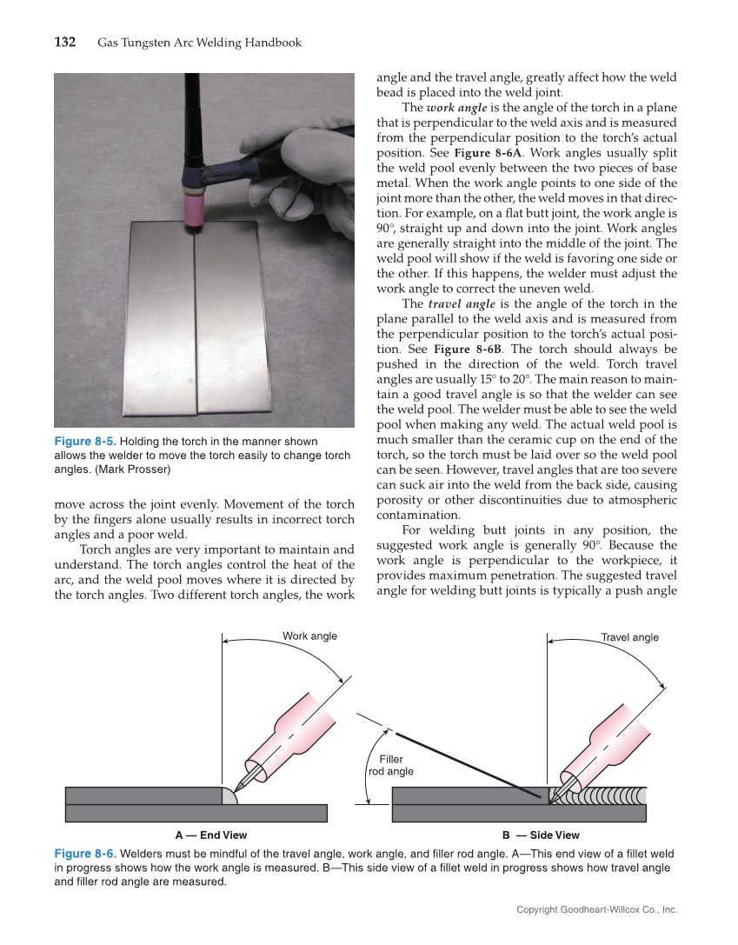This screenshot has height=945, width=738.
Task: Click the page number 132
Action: tap(65, 42)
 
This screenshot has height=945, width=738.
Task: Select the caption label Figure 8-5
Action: tap(85, 442)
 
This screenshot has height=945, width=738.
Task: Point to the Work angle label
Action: tap(309, 636)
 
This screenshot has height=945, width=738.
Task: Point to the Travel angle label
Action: tap(630, 637)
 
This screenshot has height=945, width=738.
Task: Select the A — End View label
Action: tap(211, 835)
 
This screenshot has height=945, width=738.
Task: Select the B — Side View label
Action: tap(542, 835)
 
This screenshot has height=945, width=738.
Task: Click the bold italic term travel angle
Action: tap(462, 304)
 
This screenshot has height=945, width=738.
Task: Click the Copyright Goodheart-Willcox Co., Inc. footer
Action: tap(596, 909)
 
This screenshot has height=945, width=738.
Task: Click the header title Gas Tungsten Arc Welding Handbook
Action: tap(200, 42)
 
